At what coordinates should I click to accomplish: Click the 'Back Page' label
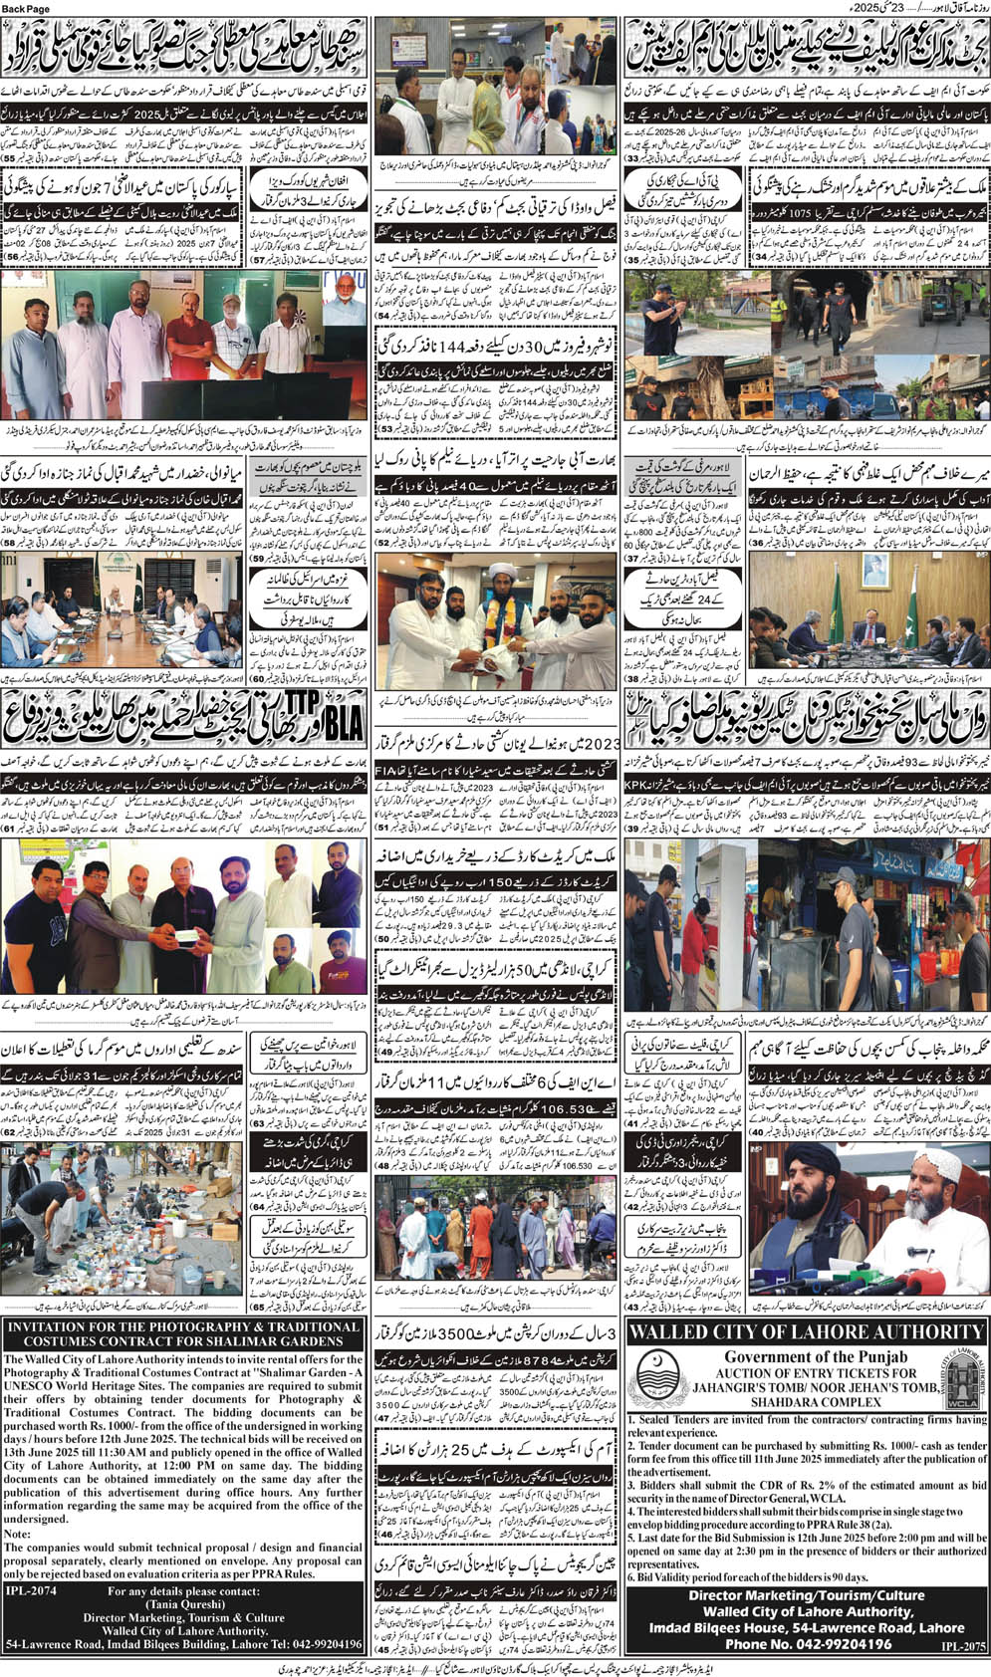pyautogui.click(x=29, y=7)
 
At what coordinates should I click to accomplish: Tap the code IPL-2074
pyautogui.click(x=33, y=1590)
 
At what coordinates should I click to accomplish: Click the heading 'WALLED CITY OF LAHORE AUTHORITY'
pyautogui.click(x=808, y=1332)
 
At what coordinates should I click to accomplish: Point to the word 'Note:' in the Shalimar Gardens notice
pyautogui.click(x=19, y=1534)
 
